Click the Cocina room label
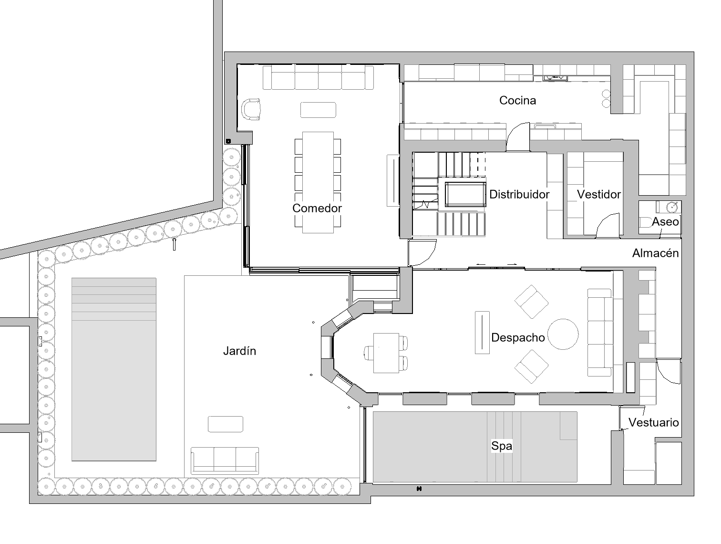(x=517, y=100)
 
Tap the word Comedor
(x=317, y=208)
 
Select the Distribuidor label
(x=519, y=194)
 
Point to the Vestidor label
(x=599, y=194)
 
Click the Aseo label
(x=665, y=221)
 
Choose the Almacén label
(x=655, y=253)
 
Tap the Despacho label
(x=518, y=337)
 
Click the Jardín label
(x=239, y=351)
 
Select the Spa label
(x=502, y=446)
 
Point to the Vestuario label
(x=653, y=422)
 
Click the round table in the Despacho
(x=563, y=334)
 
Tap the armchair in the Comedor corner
(x=251, y=109)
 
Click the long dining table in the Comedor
(x=318, y=182)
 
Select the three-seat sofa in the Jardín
(x=225, y=460)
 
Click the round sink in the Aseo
(x=671, y=207)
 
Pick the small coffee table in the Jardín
(x=226, y=424)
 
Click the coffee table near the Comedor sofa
(x=318, y=110)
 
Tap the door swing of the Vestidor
(x=608, y=225)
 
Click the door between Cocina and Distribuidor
(x=518, y=136)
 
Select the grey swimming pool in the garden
(x=113, y=369)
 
